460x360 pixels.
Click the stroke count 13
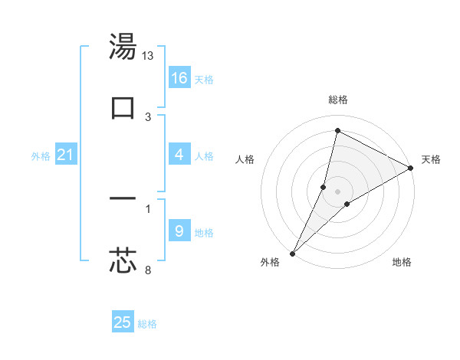coord(148,55)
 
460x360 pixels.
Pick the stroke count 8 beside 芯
coord(148,270)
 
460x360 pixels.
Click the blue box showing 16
coord(179,78)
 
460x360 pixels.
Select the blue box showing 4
coord(179,155)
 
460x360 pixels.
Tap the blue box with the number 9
coord(179,231)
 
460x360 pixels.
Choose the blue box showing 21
coord(65,155)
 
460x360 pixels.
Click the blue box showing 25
coord(123,322)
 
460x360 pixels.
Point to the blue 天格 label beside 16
coord(204,80)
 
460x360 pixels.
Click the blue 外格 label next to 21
coord(41,156)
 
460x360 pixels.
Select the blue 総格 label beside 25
coord(147,324)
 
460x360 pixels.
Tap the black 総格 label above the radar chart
coord(338,100)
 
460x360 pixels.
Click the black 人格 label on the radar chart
coord(245,159)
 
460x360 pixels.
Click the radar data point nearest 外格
coord(292,254)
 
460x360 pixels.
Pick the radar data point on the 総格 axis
coord(337,130)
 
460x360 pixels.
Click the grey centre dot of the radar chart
coord(338,191)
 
